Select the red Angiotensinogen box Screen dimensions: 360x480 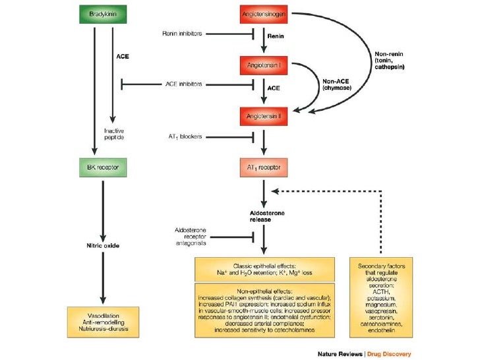point(264,14)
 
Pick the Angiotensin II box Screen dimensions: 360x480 point(264,116)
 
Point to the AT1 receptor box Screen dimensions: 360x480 point(264,167)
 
